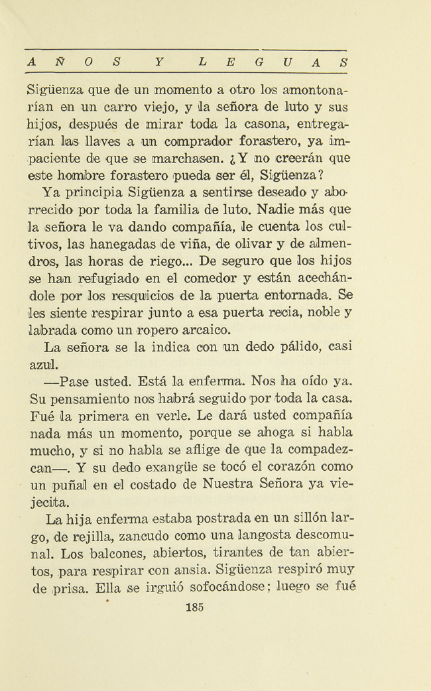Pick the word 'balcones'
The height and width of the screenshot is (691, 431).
[103, 553]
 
